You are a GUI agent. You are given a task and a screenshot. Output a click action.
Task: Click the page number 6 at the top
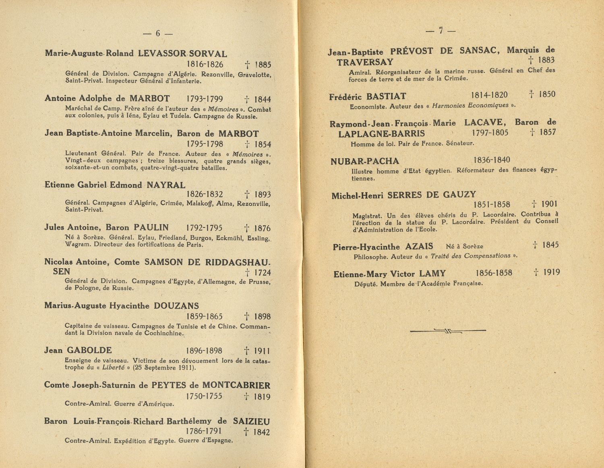point(158,34)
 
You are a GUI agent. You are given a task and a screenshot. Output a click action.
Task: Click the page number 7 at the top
point(441,31)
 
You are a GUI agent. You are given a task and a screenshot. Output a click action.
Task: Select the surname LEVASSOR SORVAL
point(182,54)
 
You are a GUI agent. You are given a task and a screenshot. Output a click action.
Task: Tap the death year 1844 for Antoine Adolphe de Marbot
point(262,99)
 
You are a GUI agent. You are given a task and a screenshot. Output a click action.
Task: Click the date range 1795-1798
point(205,144)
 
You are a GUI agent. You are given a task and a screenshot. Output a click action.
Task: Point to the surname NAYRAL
point(166,185)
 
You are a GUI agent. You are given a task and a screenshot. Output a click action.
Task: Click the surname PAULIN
point(151,228)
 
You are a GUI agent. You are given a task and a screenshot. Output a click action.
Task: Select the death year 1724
point(262,273)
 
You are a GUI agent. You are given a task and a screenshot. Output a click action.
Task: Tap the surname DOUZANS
point(176,306)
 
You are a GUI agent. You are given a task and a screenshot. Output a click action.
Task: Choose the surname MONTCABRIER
point(236,386)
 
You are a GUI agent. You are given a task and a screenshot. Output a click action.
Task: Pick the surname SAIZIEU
point(251,422)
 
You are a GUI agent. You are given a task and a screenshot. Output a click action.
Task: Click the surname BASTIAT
point(386,97)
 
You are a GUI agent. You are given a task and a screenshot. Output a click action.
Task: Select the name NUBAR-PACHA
point(365,161)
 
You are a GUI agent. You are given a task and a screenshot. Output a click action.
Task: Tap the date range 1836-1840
point(492,160)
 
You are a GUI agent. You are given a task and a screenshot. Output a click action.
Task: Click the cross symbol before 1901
point(534,204)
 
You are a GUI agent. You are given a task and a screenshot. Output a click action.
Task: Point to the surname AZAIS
point(419,246)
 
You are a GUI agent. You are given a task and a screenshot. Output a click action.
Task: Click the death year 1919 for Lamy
point(551,272)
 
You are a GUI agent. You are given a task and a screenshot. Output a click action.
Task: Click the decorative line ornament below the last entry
point(448,331)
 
